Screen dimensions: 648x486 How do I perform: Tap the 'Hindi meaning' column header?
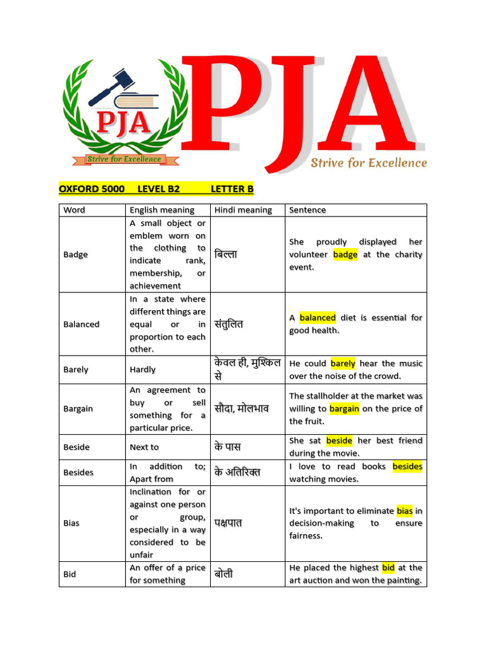tap(243, 210)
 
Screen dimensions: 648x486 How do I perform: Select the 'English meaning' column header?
tap(162, 210)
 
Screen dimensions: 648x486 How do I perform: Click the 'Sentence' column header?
tap(308, 210)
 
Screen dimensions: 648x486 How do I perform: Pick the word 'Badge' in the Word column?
tap(75, 254)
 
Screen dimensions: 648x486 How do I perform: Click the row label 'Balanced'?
tap(81, 324)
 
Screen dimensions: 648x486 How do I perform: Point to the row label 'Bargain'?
tap(78, 409)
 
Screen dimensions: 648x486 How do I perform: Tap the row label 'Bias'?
tap(72, 523)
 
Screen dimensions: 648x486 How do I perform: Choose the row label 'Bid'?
tap(70, 574)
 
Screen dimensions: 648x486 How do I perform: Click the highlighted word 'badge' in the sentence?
tap(345, 254)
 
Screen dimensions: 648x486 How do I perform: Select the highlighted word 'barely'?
tap(343, 363)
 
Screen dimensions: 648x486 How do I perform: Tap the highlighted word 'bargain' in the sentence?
tap(344, 409)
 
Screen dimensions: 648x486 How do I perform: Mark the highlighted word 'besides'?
tap(408, 466)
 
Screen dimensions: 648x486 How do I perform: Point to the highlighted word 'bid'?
tap(388, 568)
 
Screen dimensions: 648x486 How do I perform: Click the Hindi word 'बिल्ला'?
tap(225, 254)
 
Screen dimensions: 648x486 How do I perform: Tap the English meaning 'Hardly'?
tap(142, 370)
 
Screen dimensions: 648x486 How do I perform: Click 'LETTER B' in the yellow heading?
tap(232, 189)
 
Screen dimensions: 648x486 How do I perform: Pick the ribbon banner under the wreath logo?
tap(124, 159)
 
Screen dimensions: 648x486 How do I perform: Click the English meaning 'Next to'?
tap(144, 447)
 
